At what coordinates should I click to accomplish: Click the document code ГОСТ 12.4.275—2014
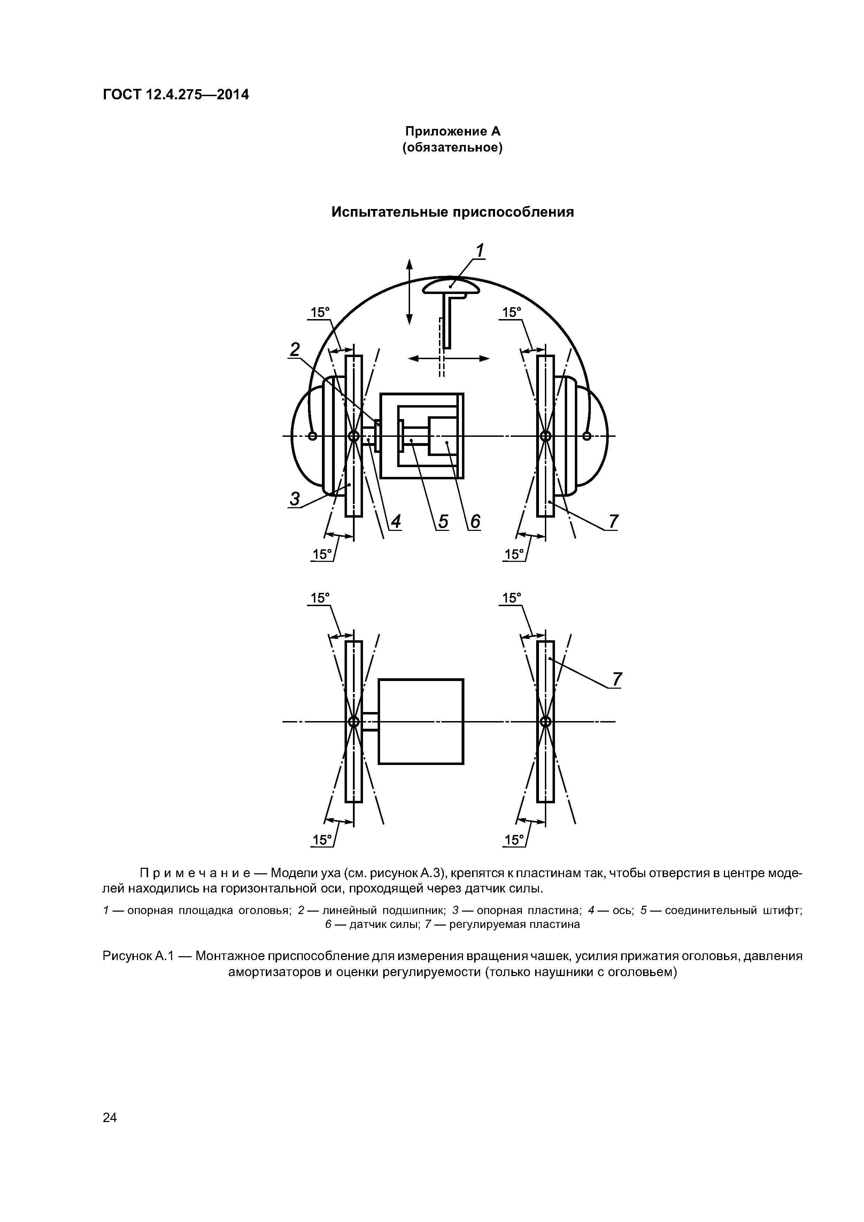pyautogui.click(x=176, y=95)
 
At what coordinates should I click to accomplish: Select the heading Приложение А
pyautogui.click(x=453, y=131)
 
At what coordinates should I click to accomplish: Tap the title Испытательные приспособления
pyautogui.click(x=453, y=212)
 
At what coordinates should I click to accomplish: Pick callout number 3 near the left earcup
pyautogui.click(x=294, y=499)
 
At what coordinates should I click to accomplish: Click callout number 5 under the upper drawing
pyautogui.click(x=443, y=521)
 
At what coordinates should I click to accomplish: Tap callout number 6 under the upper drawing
pyautogui.click(x=475, y=521)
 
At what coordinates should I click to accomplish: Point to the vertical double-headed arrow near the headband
pyautogui.click(x=409, y=292)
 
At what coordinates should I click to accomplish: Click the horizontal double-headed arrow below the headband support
pyautogui.click(x=448, y=359)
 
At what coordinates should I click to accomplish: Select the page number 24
pyautogui.click(x=110, y=1117)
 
